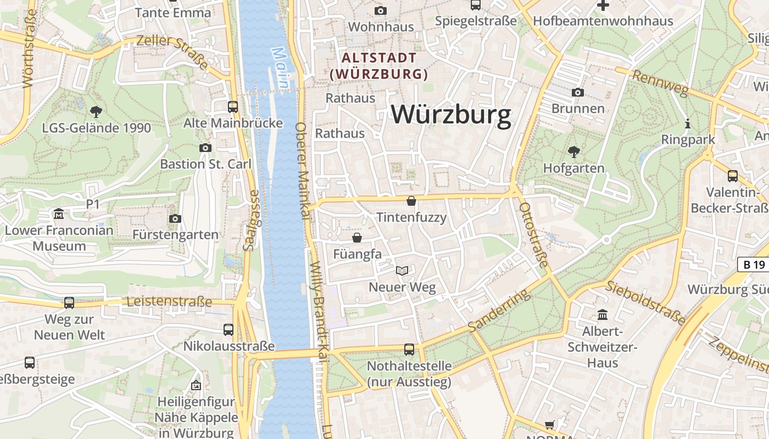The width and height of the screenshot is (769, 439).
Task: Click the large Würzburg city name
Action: (x=451, y=115)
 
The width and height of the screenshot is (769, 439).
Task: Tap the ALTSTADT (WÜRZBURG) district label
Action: (x=379, y=66)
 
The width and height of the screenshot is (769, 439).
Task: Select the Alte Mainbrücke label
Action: (x=233, y=123)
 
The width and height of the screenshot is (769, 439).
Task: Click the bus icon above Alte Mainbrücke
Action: (x=233, y=106)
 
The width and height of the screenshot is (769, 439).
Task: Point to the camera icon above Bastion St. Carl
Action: (x=205, y=148)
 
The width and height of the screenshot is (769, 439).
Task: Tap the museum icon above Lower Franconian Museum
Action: (x=59, y=213)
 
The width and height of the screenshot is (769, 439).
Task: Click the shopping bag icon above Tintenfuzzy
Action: (x=411, y=201)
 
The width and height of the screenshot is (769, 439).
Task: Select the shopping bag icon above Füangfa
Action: (x=357, y=238)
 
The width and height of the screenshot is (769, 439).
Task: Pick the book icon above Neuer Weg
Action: (x=402, y=271)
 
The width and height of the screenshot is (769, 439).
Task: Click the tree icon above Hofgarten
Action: (x=573, y=151)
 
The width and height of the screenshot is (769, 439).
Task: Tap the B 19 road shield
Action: (x=754, y=264)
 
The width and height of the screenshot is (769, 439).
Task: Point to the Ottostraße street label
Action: (x=533, y=235)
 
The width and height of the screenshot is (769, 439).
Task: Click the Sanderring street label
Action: (x=500, y=311)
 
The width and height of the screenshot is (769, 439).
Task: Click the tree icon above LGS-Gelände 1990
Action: (x=96, y=112)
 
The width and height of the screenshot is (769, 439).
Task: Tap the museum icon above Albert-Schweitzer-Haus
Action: (x=603, y=315)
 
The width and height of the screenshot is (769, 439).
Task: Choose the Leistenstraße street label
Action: (x=169, y=302)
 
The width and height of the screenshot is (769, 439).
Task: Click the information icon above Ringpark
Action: (x=687, y=123)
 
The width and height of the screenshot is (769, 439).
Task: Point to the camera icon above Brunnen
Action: (x=577, y=92)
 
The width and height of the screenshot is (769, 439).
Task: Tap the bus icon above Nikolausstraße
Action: (x=229, y=330)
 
